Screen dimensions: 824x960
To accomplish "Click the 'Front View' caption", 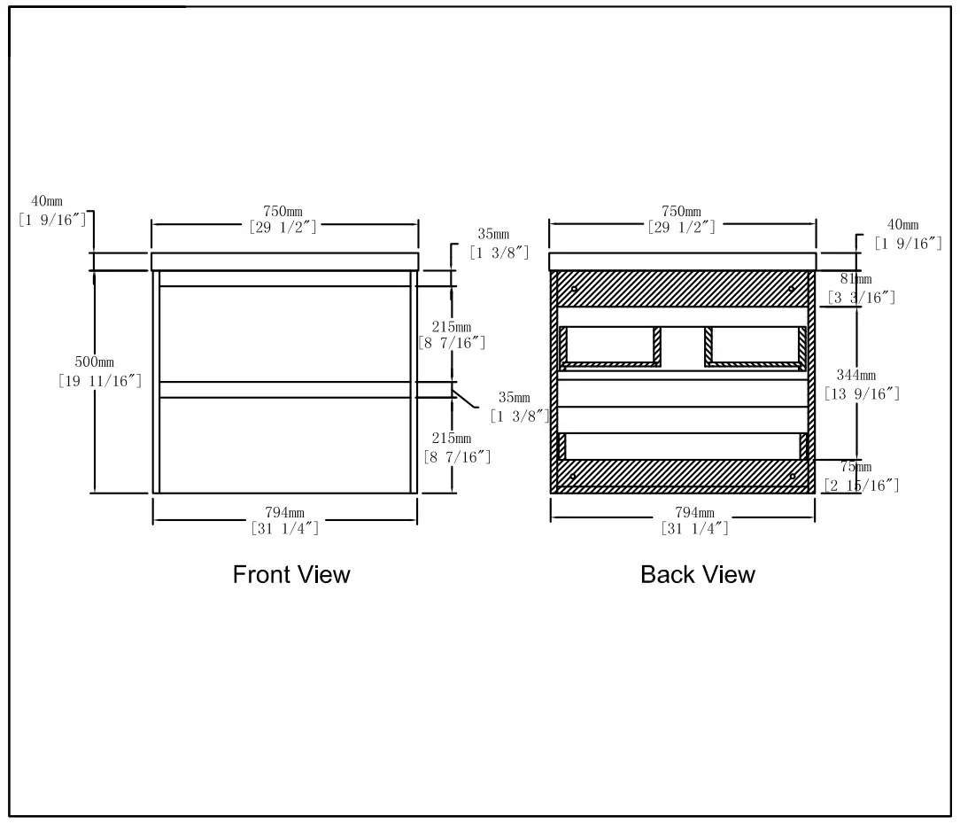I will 291,575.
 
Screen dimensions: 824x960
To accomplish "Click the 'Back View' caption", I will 698,575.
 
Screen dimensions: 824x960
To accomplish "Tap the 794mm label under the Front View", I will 285,513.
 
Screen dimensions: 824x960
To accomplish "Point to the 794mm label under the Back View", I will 694,513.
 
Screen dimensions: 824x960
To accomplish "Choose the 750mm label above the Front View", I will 283,211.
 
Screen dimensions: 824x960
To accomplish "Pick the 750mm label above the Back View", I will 681,211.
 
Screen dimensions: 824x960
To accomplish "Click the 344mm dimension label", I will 855,376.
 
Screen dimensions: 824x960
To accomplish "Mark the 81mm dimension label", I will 855,280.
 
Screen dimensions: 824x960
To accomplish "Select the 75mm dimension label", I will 855,468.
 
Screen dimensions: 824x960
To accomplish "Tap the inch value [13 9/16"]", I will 862,393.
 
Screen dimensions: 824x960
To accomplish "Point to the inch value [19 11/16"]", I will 100,381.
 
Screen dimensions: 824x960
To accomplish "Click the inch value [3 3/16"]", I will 861,298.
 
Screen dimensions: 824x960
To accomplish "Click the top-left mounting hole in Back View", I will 574,289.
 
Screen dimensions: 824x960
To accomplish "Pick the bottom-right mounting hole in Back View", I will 793,477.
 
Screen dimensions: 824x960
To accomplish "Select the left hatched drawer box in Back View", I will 610,346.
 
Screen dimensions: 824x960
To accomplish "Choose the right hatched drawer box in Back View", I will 755,346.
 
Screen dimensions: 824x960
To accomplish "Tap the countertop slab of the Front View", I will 284,261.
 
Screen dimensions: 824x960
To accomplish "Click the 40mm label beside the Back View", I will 902,226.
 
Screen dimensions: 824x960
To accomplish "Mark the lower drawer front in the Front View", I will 284,444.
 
